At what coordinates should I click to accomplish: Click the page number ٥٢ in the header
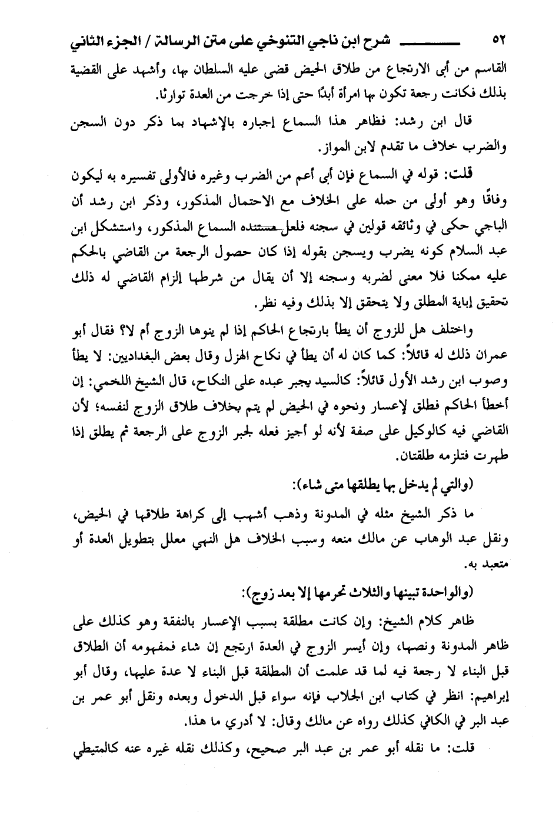[x=498, y=42]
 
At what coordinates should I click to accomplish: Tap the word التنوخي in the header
[x=272, y=42]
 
